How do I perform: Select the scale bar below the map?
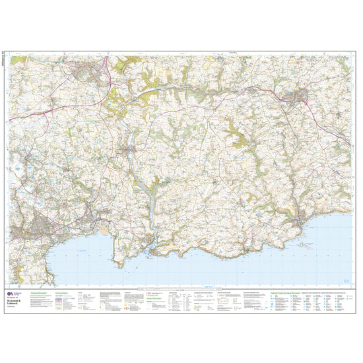point(181,288)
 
